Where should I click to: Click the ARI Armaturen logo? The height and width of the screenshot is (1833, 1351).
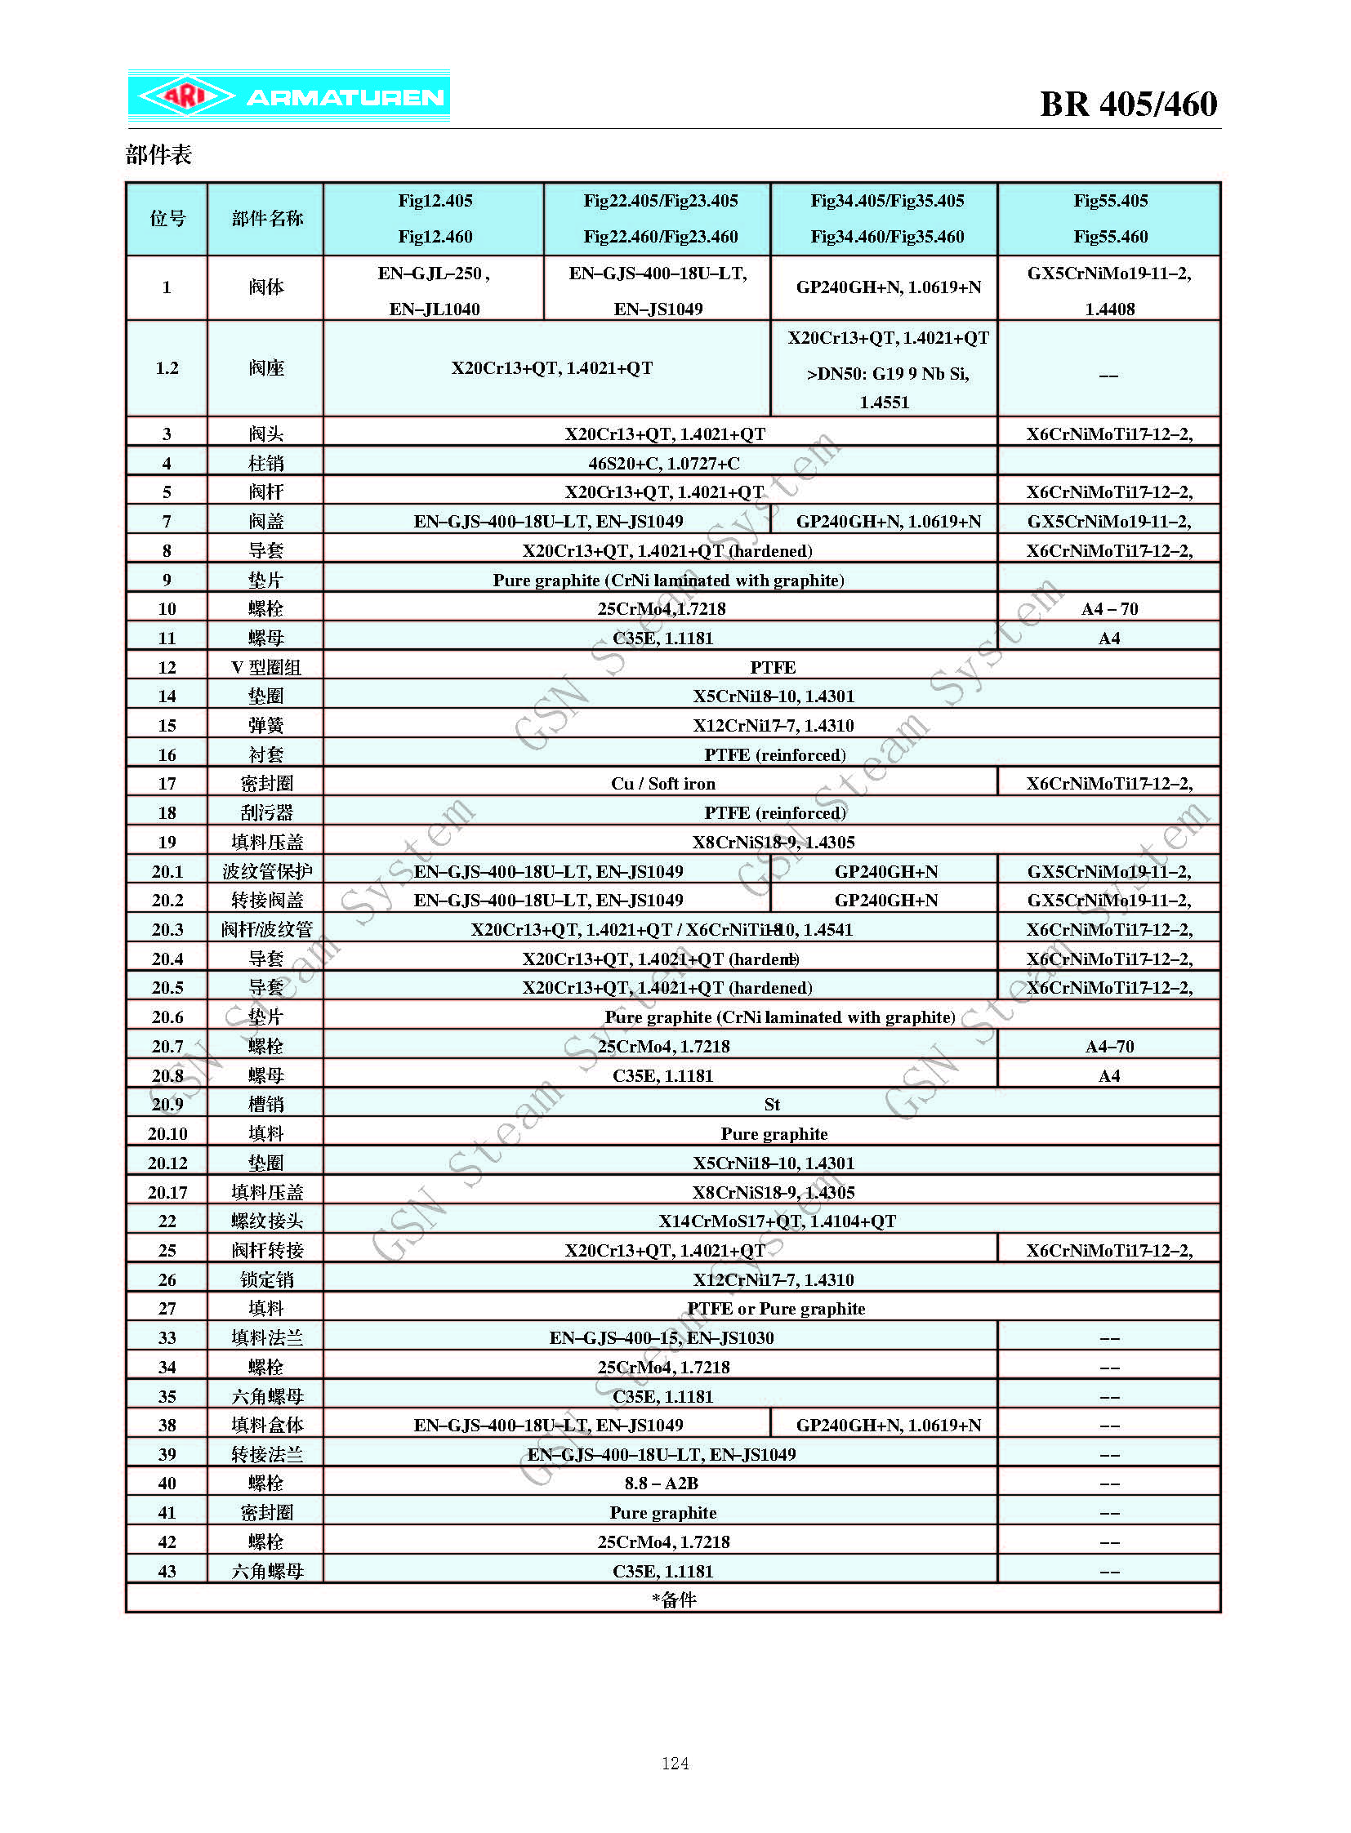click(288, 96)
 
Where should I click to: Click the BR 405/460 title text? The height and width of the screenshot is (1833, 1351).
click(1128, 104)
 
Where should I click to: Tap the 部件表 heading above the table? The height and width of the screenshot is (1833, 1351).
click(158, 154)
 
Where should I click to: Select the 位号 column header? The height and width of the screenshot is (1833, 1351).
click(167, 218)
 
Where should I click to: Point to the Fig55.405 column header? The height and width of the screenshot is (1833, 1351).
click(1110, 201)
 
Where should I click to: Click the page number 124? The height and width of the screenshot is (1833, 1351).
click(675, 1763)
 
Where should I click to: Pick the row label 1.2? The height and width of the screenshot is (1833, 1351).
click(167, 368)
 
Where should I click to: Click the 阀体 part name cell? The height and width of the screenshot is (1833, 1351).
click(265, 287)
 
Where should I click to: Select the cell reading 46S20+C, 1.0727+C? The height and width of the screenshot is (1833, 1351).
click(663, 464)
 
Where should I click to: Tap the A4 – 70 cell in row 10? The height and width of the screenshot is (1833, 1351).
click(1109, 608)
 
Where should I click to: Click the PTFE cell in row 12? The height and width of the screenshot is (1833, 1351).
click(772, 667)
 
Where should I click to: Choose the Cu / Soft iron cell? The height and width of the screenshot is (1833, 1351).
click(662, 783)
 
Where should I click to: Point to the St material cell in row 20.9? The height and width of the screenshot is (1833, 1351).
click(772, 1105)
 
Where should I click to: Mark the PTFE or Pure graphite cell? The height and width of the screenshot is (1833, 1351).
click(775, 1308)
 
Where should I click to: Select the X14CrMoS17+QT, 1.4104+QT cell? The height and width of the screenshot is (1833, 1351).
click(777, 1221)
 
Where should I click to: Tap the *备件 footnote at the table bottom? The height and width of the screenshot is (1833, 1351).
click(674, 1600)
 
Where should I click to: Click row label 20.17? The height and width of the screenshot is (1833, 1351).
click(167, 1192)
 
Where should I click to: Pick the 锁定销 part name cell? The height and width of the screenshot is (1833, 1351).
click(265, 1279)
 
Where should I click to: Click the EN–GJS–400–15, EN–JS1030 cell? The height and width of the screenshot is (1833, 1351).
click(661, 1337)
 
